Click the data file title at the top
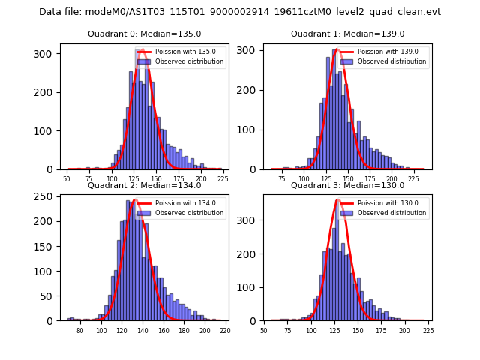(x=240, y=12)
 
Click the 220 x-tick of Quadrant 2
(x=224, y=331)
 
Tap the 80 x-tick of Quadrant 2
(x=80, y=331)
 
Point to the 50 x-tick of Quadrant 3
(x=264, y=331)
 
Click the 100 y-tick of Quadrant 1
(x=250, y=130)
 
